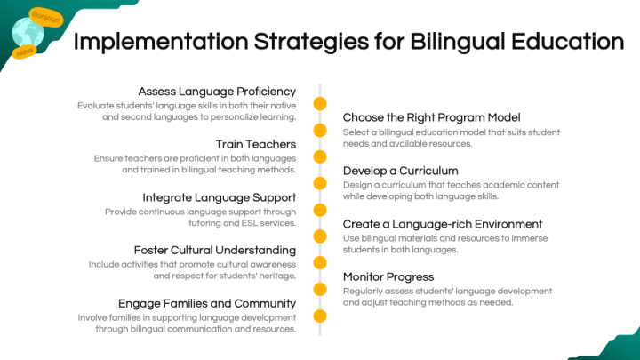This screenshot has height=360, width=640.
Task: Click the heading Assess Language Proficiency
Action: (x=217, y=92)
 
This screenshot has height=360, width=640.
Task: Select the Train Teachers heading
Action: (x=256, y=144)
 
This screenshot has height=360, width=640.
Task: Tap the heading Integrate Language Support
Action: (x=220, y=197)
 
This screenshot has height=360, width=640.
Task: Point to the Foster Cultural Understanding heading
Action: (x=215, y=250)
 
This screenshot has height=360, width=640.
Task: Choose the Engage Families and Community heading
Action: (x=207, y=303)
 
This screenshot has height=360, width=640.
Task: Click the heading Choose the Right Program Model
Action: (x=431, y=117)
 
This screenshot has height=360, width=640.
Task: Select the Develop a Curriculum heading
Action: (x=400, y=171)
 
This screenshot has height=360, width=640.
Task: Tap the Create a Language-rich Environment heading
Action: (x=443, y=224)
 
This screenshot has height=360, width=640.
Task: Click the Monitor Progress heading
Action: (x=388, y=276)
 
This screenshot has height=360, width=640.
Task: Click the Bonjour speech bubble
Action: (x=46, y=18)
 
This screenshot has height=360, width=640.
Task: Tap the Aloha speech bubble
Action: (x=25, y=52)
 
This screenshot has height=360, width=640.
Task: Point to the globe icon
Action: (x=28, y=33)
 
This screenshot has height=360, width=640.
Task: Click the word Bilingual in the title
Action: (x=457, y=42)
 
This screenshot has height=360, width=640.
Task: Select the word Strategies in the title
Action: (x=311, y=42)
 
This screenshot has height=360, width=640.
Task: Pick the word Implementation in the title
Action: (x=161, y=42)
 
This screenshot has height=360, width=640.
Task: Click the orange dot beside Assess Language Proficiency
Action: (x=320, y=104)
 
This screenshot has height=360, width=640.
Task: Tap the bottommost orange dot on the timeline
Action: (x=320, y=316)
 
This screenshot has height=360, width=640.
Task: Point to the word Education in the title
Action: (x=567, y=42)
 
